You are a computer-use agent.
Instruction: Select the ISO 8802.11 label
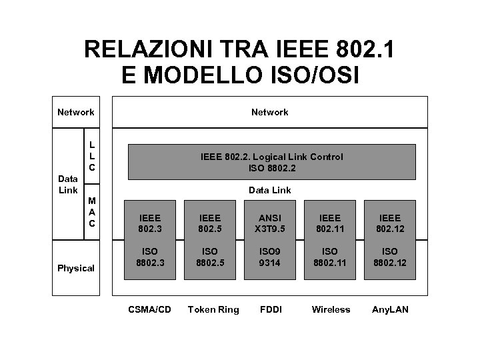tap(331, 257)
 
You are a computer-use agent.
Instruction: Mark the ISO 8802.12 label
tap(390, 257)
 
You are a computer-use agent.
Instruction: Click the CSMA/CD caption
tap(149, 309)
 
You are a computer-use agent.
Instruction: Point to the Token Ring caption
tap(213, 309)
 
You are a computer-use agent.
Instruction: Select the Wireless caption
tap(331, 309)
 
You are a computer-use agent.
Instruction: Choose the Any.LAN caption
tap(391, 309)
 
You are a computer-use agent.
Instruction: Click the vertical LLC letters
tap(92, 155)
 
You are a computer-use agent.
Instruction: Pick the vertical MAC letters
tap(92, 211)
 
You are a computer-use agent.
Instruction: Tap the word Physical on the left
tap(76, 268)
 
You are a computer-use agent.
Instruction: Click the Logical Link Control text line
tap(272, 157)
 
